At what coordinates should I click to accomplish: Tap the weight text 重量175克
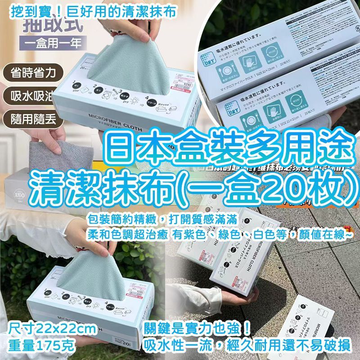(43, 346)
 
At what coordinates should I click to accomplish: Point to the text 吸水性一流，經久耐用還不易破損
(246, 345)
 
